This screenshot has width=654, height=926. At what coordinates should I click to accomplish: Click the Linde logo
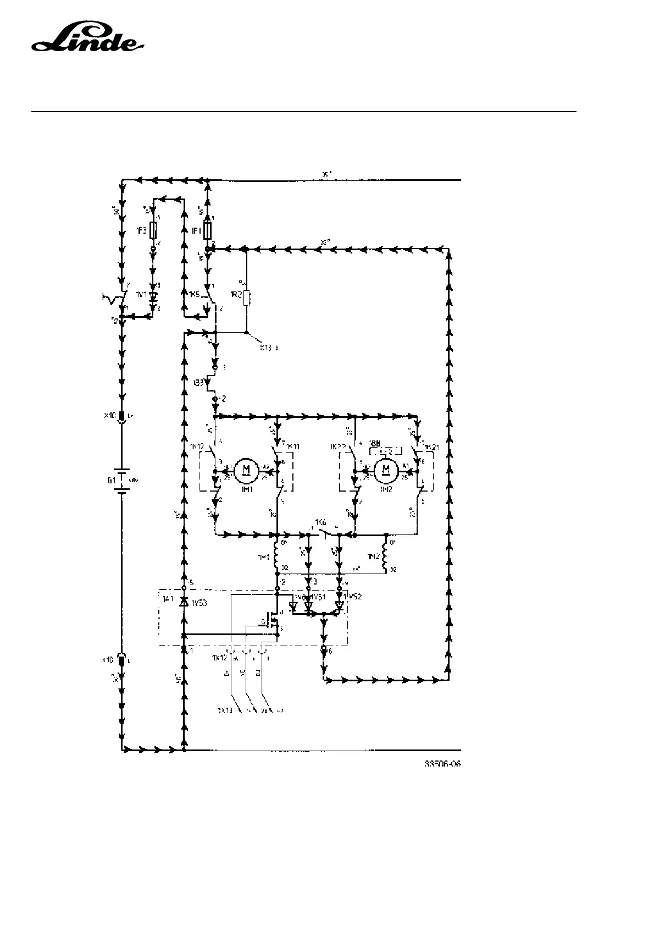click(88, 39)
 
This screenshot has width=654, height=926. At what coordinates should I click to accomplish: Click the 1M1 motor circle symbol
click(247, 470)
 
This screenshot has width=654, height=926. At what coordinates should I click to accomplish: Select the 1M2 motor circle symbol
click(386, 469)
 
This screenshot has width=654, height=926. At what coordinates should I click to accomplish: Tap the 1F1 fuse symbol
click(207, 231)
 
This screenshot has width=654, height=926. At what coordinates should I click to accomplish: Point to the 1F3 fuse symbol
click(154, 231)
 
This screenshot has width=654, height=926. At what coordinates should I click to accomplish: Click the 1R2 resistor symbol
click(247, 297)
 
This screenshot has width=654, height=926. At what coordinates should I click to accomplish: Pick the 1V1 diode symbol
click(153, 295)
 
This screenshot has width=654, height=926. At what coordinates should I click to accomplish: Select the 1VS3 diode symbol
click(184, 602)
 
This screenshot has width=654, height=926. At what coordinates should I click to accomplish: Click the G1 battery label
click(112, 480)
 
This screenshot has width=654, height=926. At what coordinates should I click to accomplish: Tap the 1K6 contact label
click(321, 521)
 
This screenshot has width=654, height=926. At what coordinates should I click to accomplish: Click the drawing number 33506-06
click(442, 764)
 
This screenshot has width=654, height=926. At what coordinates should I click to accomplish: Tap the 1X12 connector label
click(219, 658)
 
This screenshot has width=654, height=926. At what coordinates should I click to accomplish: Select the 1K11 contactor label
click(292, 445)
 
